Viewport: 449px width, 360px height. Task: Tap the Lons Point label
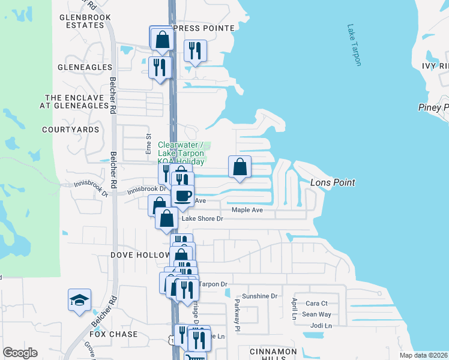333,182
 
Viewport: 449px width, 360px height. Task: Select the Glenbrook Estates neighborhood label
82,22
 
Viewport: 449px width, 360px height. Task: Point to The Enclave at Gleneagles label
76,101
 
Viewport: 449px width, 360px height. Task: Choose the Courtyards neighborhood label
70,130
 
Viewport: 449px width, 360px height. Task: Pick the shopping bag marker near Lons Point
240,167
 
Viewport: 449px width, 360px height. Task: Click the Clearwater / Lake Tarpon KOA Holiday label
181,153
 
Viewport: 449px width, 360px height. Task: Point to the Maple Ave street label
247,210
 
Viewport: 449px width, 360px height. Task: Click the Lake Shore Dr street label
202,219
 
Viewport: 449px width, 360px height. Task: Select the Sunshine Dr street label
261,296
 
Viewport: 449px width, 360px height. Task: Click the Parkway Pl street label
237,315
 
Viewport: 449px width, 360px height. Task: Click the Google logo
20,353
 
